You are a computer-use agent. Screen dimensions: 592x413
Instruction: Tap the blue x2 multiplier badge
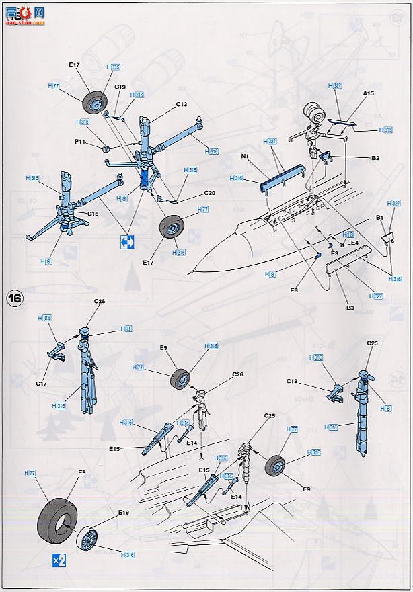pos(59,559)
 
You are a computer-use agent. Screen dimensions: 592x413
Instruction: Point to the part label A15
pos(369,94)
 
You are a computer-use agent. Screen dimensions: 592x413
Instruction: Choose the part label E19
pos(123,513)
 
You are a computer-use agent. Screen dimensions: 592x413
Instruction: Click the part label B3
pos(350,308)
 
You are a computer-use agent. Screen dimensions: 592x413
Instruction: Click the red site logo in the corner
pos(20,12)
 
